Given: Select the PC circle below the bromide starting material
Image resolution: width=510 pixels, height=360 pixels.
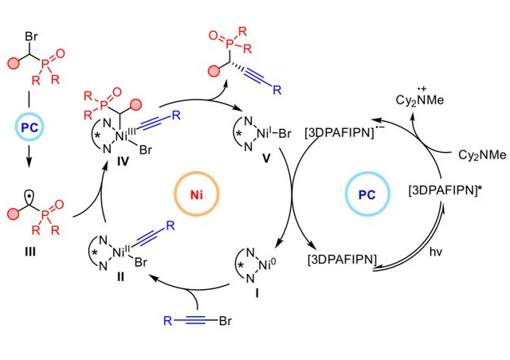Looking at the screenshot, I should click(x=32, y=128).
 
